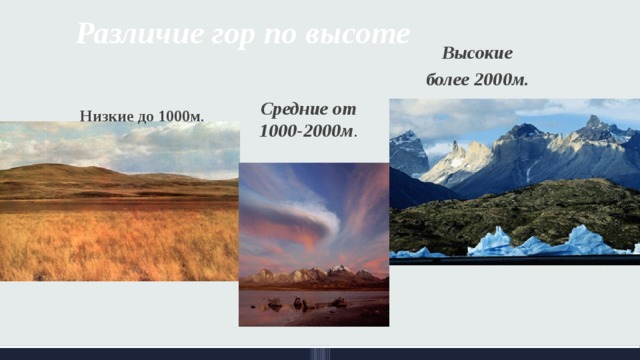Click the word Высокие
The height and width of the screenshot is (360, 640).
(477, 52)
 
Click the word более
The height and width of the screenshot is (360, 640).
(445, 78)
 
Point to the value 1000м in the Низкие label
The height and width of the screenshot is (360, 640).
(180, 116)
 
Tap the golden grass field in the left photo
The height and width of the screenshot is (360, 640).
(110, 240)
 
